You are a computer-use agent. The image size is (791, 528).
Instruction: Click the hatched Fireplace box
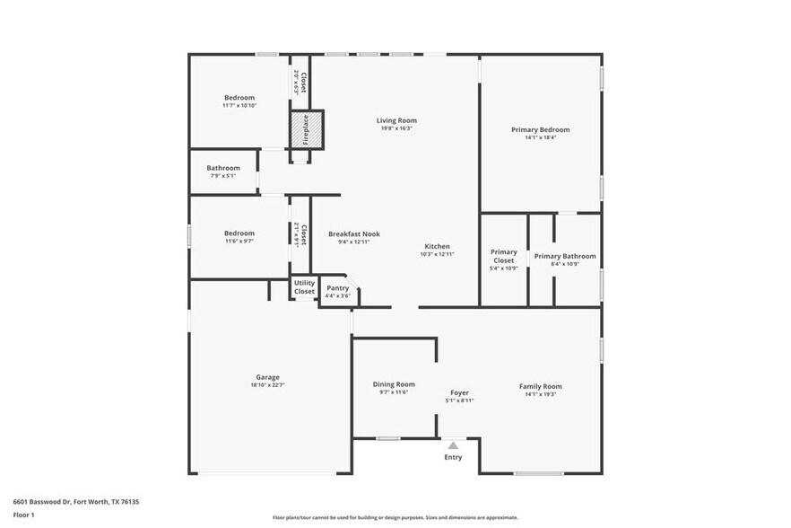coord(305,130)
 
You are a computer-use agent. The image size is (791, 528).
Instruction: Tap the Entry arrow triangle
coord(453,444)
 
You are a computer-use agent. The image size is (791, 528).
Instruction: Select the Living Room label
coord(395,120)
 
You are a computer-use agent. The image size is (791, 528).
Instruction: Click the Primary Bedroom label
coord(540,129)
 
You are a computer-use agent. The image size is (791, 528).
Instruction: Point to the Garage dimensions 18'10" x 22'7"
coord(267,386)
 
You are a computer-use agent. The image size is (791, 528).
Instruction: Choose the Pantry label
coord(337,287)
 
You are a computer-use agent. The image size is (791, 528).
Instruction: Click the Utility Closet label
coord(304,287)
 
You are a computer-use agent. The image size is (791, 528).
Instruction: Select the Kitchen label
coord(437,246)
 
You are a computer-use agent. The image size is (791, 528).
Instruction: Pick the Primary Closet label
coord(503,256)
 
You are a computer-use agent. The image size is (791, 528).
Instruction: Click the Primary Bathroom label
coord(565,256)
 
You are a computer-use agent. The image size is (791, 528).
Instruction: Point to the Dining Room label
coord(394,384)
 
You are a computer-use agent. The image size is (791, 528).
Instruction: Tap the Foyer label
coord(459,392)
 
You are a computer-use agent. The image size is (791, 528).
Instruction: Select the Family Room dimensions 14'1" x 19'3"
coord(540,394)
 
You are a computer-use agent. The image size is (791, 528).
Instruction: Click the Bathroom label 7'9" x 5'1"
coord(223,175)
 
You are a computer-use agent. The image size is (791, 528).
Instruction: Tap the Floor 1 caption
coord(23,515)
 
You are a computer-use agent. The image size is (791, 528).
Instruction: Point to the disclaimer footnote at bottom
coord(395,517)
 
